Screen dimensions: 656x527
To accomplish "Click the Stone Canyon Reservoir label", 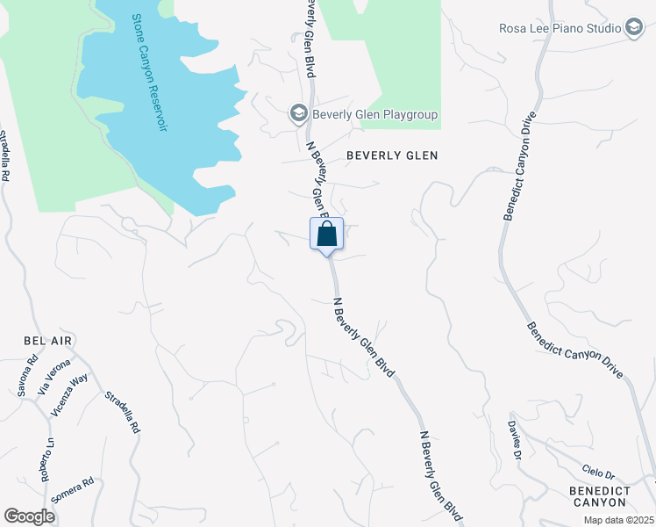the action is coord(149,73).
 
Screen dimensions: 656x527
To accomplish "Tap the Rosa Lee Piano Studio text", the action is coord(560,28).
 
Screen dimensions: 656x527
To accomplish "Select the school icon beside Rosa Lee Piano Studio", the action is coord(634,28).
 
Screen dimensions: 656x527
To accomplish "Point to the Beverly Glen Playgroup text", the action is coord(374,115).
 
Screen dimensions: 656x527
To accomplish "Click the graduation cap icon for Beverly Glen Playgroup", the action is coord(298,114).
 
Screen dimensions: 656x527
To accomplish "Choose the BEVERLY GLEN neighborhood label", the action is coord(391,155).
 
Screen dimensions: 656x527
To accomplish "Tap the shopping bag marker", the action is coord(326,235).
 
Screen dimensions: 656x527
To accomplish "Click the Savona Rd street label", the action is coord(28,376).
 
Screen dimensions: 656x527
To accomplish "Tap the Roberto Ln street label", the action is coord(46,458).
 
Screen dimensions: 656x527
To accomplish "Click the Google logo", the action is coord(29,516).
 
